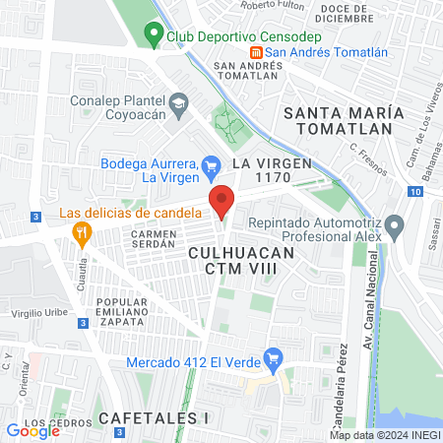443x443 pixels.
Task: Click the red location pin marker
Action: pyautogui.click(x=221, y=201)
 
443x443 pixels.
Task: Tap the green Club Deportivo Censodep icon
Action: pyautogui.click(x=153, y=35)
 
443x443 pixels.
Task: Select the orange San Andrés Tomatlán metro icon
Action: pyautogui.click(x=256, y=52)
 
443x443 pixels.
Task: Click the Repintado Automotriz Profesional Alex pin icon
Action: pyautogui.click(x=395, y=229)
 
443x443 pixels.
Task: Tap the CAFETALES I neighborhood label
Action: pyautogui.click(x=154, y=418)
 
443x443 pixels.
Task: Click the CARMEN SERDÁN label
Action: pyautogui.click(x=153, y=242)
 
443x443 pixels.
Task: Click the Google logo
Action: pyautogui.click(x=32, y=430)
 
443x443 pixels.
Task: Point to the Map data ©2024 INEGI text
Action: pyautogui.click(x=384, y=435)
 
